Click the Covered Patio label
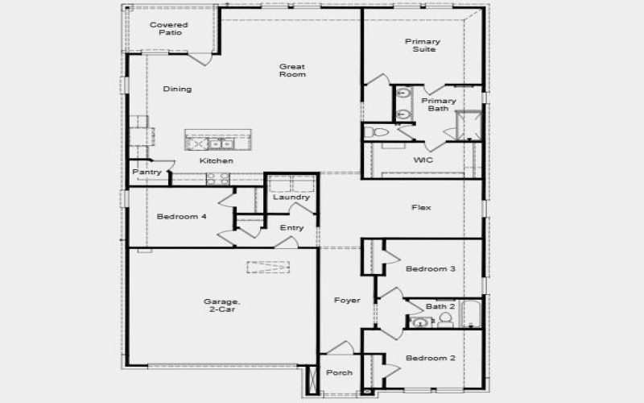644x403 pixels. pos(169,28)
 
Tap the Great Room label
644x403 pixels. pos(292,70)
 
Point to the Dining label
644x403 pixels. pos(177,89)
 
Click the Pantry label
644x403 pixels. pos(147,172)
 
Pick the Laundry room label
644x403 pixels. pos(291,197)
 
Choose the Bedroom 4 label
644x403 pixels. pos(181,216)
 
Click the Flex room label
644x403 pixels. pos(421,207)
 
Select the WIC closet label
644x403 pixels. pos(423,160)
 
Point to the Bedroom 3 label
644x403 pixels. pos(430,268)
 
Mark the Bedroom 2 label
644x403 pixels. pos(430,358)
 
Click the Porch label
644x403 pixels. pos(339,372)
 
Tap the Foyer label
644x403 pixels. pos(347,300)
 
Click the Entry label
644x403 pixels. pos(291,228)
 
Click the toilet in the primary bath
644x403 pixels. pos(374,131)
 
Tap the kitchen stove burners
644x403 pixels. pos(217,179)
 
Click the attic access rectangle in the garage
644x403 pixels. pos(267,267)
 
